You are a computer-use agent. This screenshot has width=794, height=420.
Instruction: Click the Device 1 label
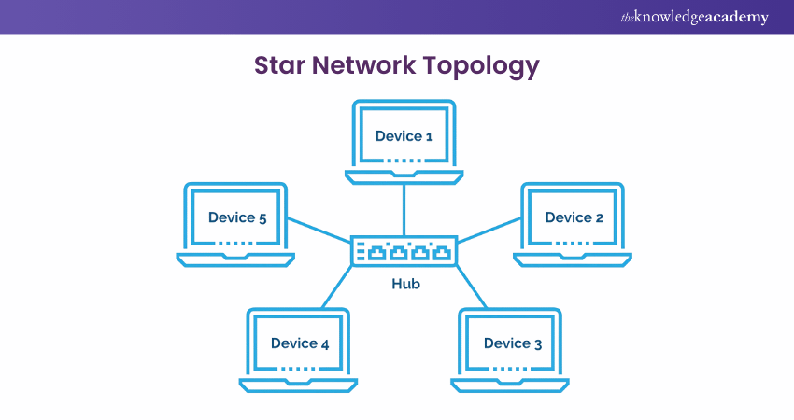pos(404,136)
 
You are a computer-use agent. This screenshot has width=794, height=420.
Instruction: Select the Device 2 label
pos(574,217)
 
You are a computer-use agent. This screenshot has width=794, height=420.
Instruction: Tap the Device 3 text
pos(512,343)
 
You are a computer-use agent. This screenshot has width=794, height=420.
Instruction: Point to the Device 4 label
pos(299,343)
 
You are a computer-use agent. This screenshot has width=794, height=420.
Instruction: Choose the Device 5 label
pos(237,217)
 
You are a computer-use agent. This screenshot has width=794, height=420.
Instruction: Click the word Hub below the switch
pos(404,284)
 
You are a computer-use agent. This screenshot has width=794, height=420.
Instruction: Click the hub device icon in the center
pos(404,250)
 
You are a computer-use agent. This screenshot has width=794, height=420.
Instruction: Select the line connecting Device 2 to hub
pos(489,231)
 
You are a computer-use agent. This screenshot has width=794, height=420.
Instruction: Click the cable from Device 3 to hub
pos(473,287)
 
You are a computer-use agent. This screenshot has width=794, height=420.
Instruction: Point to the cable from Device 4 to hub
pos(336,287)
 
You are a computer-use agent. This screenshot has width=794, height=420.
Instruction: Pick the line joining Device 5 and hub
pos(319,231)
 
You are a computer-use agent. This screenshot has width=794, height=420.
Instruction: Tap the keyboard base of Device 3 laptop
pos(511,384)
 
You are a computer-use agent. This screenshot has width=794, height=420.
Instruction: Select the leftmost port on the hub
pos(376,252)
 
